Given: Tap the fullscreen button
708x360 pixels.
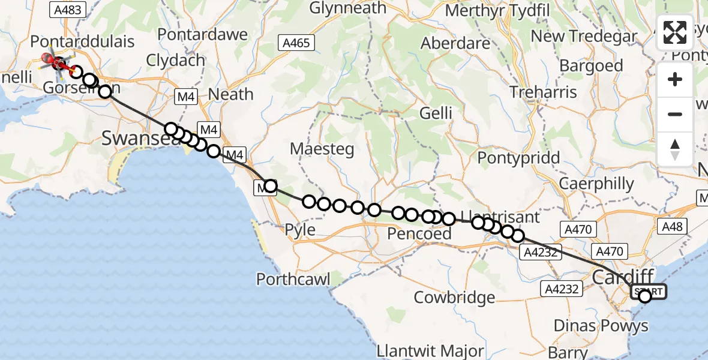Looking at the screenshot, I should (675, 32).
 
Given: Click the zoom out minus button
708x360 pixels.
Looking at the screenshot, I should (675, 114).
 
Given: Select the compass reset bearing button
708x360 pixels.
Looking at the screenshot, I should (675, 149).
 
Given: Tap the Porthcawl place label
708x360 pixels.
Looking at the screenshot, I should (293, 279).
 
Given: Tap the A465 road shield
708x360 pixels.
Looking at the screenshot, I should (296, 42).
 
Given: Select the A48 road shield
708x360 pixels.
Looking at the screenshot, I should (672, 226).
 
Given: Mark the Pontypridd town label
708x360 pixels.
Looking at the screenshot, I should (519, 158).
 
